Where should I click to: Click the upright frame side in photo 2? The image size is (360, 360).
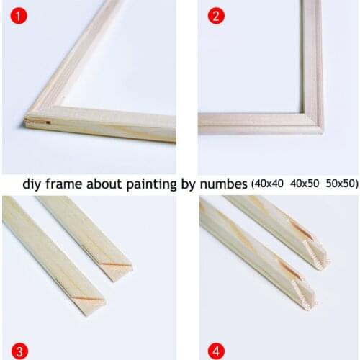click(312, 58)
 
